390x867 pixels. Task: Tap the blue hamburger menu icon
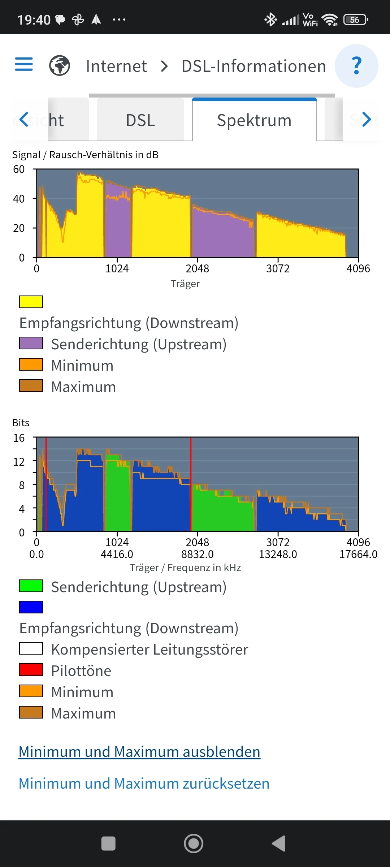pos(24,64)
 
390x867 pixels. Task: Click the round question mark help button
pos(356,66)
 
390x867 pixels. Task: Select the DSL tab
pos(140,120)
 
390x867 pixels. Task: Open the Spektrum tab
pos(254,120)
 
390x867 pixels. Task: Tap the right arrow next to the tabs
pos(367,120)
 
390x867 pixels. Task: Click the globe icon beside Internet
pos(60,66)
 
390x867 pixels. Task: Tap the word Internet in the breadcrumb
pos(116,66)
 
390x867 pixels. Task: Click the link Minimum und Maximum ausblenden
pos(139,752)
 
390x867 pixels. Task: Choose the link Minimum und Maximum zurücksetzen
pos(144,784)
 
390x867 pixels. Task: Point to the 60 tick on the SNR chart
pos(19,169)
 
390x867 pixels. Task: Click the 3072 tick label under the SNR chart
pos(278,268)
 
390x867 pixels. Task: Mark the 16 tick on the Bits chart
pos(19,438)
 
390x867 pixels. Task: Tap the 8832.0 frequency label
pos(198,554)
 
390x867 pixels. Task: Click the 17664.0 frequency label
pos(358,554)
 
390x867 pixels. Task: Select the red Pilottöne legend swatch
pos(31,670)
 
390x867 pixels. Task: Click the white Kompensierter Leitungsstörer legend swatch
pos(31,648)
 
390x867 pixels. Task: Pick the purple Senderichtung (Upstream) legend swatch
pos(31,343)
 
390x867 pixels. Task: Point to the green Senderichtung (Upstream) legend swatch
pos(31,586)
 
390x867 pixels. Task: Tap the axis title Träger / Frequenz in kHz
pos(185,568)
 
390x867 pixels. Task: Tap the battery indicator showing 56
pos(355,20)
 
